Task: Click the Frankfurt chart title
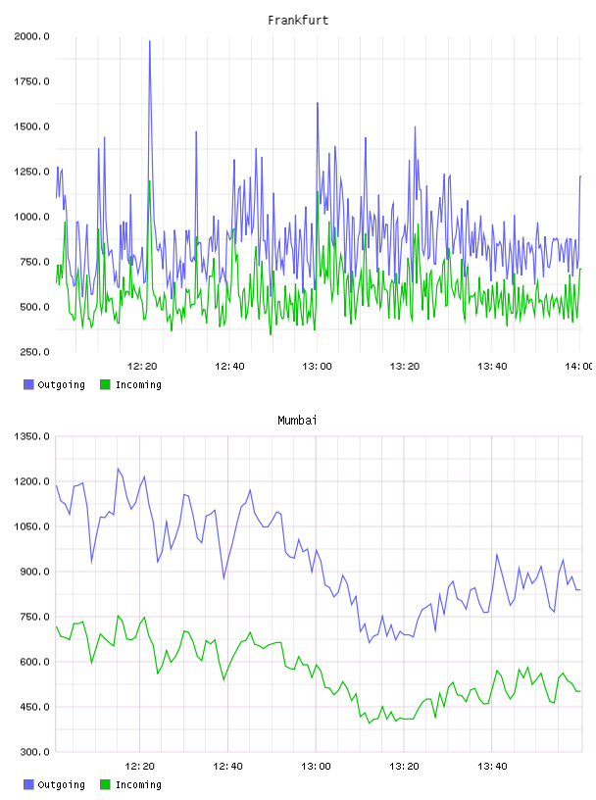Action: click(x=298, y=21)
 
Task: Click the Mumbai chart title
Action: click(x=297, y=421)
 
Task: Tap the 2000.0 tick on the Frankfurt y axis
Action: click(x=31, y=36)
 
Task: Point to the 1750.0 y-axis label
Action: click(x=31, y=81)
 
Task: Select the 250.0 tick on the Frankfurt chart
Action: click(x=34, y=352)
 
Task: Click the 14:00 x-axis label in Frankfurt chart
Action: click(x=578, y=367)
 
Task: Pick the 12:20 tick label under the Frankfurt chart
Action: click(x=142, y=367)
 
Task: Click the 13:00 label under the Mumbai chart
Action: click(x=316, y=767)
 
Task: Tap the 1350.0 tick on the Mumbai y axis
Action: click(x=31, y=436)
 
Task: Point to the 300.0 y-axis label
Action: click(x=34, y=752)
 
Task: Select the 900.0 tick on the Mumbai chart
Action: click(x=34, y=572)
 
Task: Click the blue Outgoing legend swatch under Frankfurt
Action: click(x=28, y=384)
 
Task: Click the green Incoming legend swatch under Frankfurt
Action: click(x=105, y=384)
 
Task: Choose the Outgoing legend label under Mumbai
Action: click(x=61, y=785)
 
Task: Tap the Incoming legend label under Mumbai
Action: click(x=138, y=785)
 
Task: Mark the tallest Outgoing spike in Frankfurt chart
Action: click(x=150, y=41)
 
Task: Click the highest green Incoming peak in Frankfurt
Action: click(x=150, y=181)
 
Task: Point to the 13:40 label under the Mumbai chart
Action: click(x=492, y=767)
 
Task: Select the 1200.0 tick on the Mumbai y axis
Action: click(x=31, y=481)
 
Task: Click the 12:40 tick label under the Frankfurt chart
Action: click(x=229, y=367)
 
